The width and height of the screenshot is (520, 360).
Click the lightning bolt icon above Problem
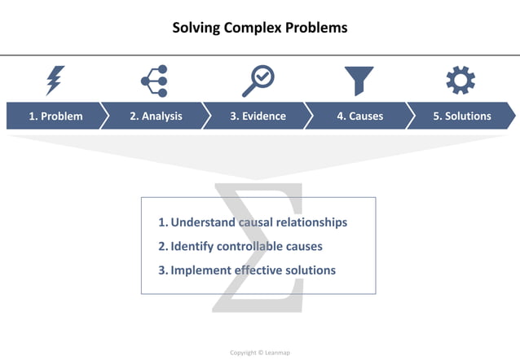coord(55,81)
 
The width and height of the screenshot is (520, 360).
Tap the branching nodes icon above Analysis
coord(154,81)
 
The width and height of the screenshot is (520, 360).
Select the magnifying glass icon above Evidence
coord(258,81)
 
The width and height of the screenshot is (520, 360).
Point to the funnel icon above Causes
coord(359,81)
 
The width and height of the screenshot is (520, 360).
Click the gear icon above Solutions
coord(461,81)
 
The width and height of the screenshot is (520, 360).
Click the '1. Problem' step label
coord(55,116)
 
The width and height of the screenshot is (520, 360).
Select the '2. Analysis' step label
coord(156,116)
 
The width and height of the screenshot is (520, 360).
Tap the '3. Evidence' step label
coord(258,116)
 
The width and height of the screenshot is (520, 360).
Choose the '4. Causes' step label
coord(359,116)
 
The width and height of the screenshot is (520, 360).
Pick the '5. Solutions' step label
coord(462,116)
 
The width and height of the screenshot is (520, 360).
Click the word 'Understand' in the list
coord(203,222)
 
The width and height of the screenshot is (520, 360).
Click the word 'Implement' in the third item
coord(200,270)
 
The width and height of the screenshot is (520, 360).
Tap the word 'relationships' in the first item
coord(309,222)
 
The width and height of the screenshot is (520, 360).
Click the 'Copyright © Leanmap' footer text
coord(259,353)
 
